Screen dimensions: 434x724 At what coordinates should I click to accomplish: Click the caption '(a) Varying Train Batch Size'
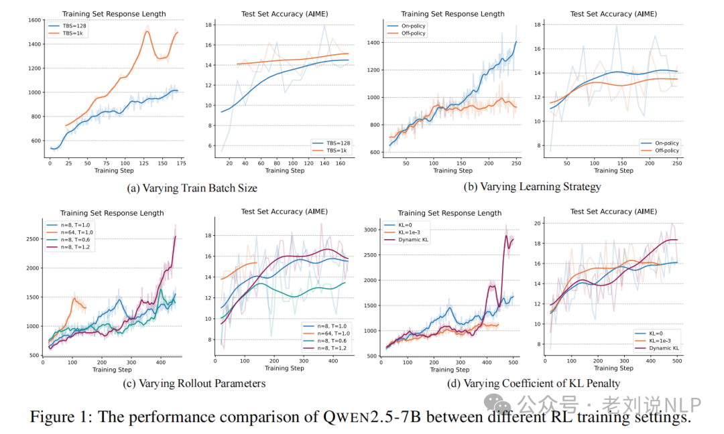pyautogui.click(x=192, y=188)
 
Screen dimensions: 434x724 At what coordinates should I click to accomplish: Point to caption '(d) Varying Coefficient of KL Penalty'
pyautogui.click(x=533, y=383)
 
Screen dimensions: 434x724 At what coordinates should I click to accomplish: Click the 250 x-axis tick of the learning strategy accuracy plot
pyautogui.click(x=677, y=163)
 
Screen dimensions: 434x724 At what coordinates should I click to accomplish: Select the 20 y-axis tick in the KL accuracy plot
pyautogui.click(x=538, y=222)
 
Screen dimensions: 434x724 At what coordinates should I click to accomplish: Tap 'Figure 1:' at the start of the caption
pyautogui.click(x=60, y=417)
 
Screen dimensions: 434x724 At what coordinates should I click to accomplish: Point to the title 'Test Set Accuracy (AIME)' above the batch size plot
pyautogui.click(x=284, y=13)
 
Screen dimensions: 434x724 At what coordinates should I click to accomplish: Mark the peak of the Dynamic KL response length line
pyautogui.click(x=507, y=236)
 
